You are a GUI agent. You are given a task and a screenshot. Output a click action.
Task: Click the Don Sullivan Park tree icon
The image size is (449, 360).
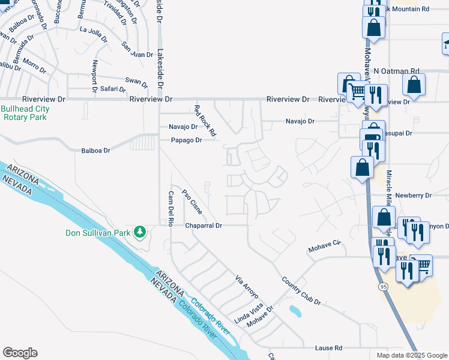(x=140, y=232)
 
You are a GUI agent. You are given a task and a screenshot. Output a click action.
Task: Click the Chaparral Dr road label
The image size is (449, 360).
(x=203, y=226)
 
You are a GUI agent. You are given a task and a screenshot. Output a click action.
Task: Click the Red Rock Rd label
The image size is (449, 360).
(x=205, y=119)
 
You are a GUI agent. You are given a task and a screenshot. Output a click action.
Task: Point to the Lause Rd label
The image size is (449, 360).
(x=328, y=348)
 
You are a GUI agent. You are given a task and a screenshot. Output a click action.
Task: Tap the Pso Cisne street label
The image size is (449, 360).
(x=191, y=202)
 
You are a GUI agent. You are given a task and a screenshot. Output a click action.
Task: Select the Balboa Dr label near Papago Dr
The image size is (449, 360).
(x=96, y=151)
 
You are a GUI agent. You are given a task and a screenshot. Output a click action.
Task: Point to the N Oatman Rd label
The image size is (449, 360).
(x=396, y=71)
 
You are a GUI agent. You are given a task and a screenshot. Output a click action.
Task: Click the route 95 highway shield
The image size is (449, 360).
(x=383, y=287)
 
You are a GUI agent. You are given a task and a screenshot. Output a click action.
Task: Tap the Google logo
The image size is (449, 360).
(x=20, y=353)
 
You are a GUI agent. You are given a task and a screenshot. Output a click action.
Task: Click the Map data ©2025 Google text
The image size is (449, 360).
(x=411, y=355)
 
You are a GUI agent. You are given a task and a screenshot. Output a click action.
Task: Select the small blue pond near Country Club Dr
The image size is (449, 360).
(x=295, y=311)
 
